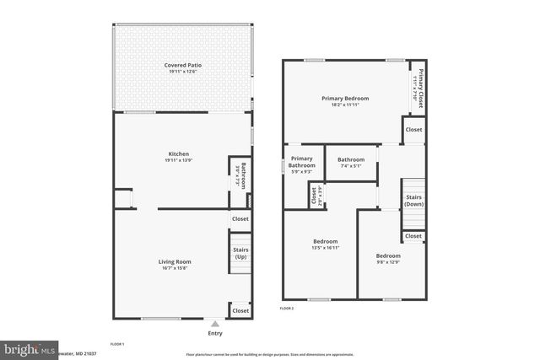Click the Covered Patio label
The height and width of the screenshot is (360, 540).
click(x=183, y=65)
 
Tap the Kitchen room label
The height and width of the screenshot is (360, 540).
click(x=179, y=154)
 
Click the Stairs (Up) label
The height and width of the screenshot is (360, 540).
click(x=240, y=253)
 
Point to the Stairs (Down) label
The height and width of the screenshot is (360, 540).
click(x=413, y=201)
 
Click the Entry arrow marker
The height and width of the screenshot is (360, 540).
click(x=215, y=324)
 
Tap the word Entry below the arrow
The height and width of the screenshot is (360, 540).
click(x=215, y=333)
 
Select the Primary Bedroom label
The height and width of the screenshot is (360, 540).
click(x=345, y=99)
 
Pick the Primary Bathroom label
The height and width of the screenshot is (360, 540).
click(x=302, y=162)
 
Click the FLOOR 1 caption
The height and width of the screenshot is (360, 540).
click(x=117, y=344)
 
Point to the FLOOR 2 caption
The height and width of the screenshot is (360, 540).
click(x=287, y=309)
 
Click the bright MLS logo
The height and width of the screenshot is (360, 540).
click(x=29, y=349)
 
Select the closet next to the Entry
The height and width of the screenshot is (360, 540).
click(x=240, y=310)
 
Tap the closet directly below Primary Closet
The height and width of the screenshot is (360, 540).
click(x=413, y=130)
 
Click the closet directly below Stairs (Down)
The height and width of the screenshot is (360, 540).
click(x=413, y=237)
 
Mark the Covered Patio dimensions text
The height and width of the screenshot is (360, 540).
click(x=183, y=73)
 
